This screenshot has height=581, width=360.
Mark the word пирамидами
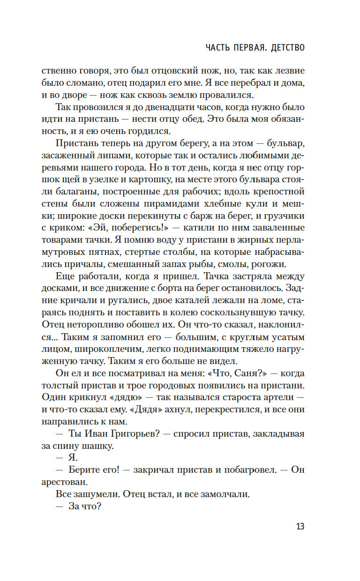click(181, 203)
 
